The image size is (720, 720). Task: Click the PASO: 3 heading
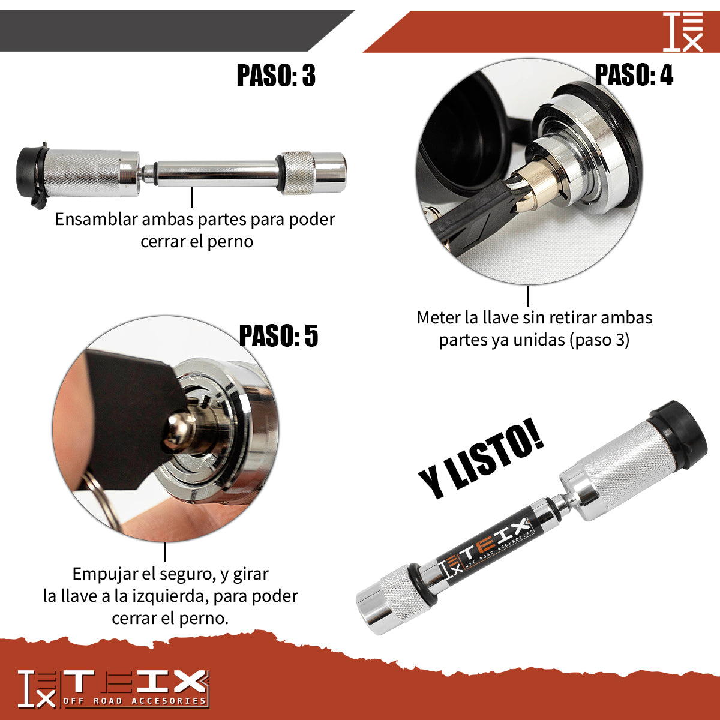coord(276,76)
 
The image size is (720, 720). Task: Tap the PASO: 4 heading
coord(634,75)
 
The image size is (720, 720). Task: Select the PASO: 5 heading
coord(278,335)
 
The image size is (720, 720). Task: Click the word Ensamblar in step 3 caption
coord(96,219)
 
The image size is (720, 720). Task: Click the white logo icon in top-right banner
coord(683,31)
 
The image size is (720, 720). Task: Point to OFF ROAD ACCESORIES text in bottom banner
coord(134,701)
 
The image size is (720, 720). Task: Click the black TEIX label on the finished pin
coord(486,545)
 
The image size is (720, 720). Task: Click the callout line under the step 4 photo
coord(528,296)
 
